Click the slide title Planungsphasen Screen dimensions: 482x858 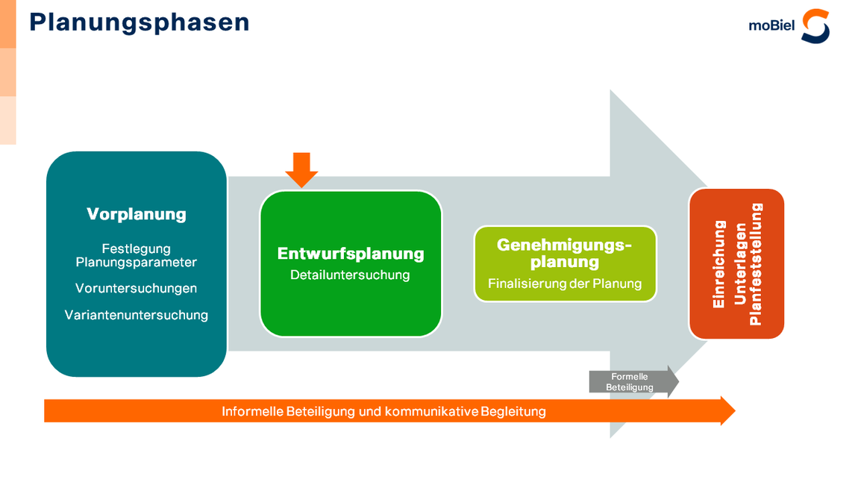point(140,22)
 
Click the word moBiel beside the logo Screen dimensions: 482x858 point(771,26)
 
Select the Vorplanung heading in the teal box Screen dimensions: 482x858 point(137,214)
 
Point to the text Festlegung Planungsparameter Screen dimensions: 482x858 point(137,255)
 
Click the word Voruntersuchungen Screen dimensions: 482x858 point(137,288)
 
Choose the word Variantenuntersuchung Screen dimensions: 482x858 point(137,315)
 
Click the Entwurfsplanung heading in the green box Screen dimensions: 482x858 point(351,254)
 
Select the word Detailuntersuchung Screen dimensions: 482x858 point(350,275)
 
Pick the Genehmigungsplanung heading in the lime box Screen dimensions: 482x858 point(565,253)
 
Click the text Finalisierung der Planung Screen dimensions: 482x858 point(565,284)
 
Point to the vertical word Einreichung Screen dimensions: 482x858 point(719,264)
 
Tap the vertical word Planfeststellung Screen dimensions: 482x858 point(756,264)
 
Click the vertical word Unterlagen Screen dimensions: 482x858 point(738,264)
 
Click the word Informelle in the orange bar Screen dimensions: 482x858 point(252,411)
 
